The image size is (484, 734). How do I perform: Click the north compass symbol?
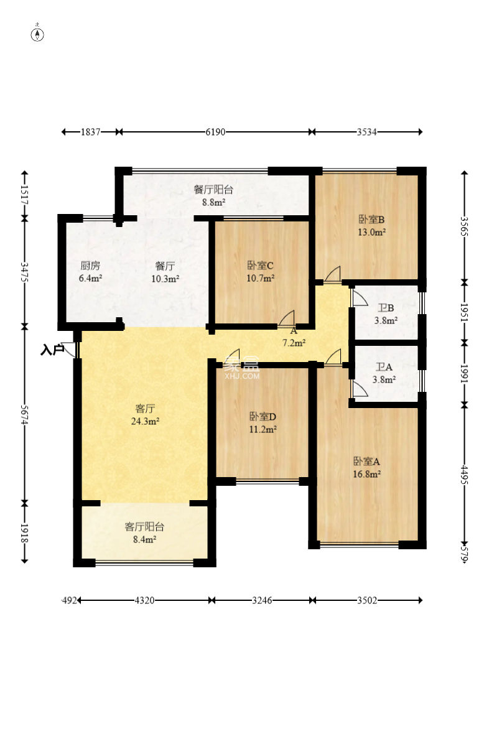[x=37, y=34]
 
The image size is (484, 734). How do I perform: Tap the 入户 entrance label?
[x=52, y=350]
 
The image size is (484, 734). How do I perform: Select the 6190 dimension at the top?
[x=215, y=132]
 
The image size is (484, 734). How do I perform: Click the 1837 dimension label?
[x=91, y=132]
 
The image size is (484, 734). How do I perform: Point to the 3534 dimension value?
[x=366, y=132]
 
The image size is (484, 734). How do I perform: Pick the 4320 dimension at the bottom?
[x=144, y=600]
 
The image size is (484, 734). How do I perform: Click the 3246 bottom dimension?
[x=262, y=600]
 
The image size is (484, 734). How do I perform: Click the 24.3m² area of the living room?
[x=145, y=421]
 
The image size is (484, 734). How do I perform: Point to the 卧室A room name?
[x=366, y=462]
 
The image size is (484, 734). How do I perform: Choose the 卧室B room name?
[x=371, y=220]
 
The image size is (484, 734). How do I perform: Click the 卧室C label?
[x=260, y=266]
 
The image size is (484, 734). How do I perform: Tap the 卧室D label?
[x=263, y=417]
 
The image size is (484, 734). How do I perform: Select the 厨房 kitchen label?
[x=90, y=266]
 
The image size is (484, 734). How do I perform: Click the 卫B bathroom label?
[x=386, y=308]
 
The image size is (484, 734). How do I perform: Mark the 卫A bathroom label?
[x=384, y=368]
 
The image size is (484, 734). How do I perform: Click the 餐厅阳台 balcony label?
[x=213, y=190]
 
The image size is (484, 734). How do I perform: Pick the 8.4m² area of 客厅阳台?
[x=144, y=539]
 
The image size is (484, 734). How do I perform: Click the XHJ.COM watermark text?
[x=242, y=376]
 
